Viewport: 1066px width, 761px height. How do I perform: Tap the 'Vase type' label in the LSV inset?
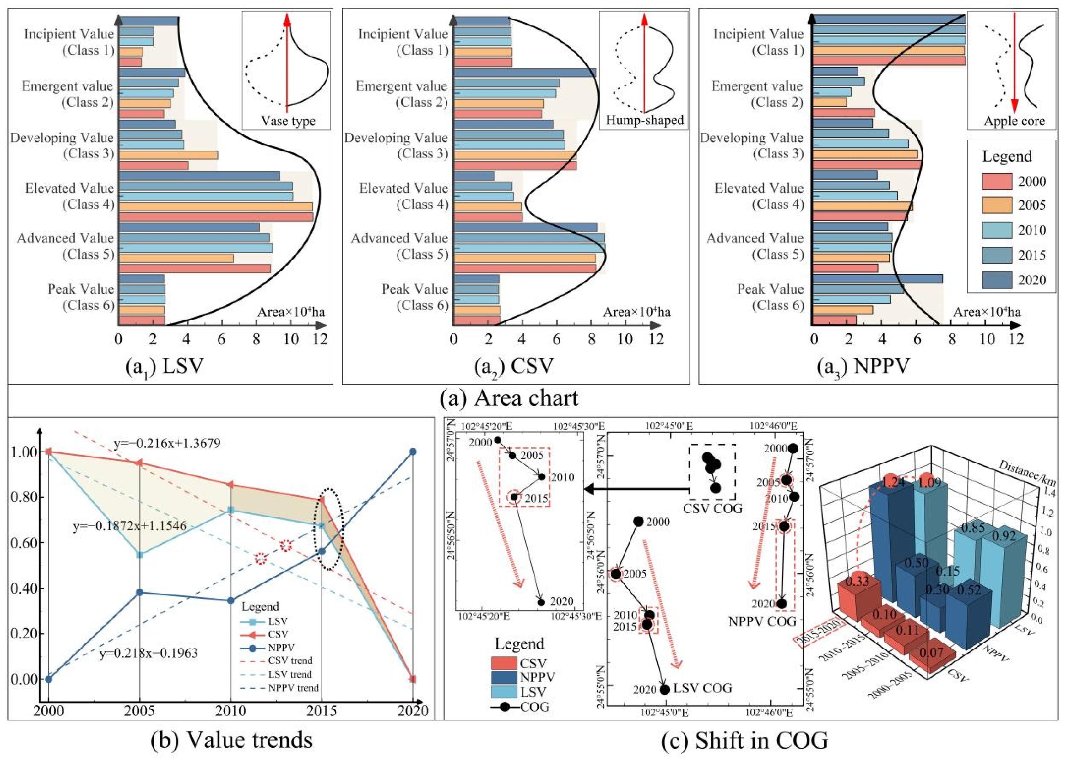click(x=288, y=121)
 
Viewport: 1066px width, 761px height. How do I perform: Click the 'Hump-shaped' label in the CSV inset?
click(x=645, y=120)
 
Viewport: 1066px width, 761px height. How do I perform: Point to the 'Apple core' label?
click(x=1014, y=121)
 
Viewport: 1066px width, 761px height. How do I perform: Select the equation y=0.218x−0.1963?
click(x=149, y=652)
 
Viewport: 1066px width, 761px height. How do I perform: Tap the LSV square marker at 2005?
click(x=139, y=555)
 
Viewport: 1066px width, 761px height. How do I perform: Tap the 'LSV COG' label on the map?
click(x=702, y=687)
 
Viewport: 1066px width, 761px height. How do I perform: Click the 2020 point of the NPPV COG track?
click(x=781, y=604)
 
